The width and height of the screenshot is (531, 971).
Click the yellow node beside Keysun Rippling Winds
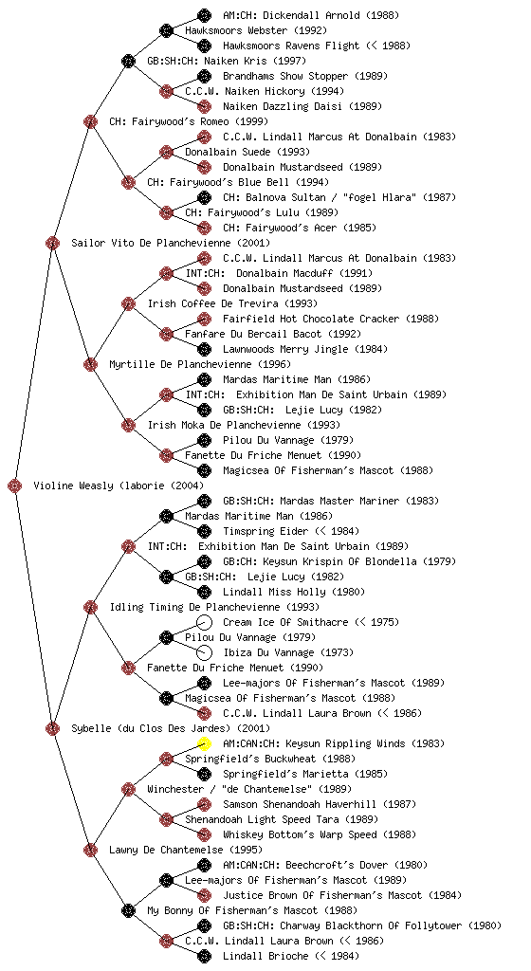pyautogui.click(x=204, y=743)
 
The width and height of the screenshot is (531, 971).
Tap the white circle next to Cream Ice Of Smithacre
pyautogui.click(x=204, y=622)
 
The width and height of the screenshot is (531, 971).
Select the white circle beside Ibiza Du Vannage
pyautogui.click(x=204, y=652)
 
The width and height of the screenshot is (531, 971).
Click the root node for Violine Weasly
pyautogui.click(x=15, y=485)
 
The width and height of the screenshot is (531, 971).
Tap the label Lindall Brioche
pyautogui.click(x=265, y=956)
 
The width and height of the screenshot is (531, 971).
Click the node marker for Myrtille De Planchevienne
pyautogui.click(x=90, y=364)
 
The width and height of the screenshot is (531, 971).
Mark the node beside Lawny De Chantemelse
pyautogui.click(x=90, y=850)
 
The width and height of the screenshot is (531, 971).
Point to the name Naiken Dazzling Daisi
pyautogui.click(x=283, y=106)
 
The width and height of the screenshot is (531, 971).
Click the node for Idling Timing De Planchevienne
pyautogui.click(x=90, y=607)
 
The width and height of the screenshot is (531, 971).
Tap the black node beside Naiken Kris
pyautogui.click(x=128, y=61)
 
